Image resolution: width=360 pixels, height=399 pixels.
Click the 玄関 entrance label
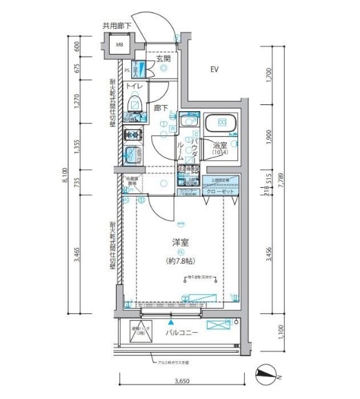(x=163, y=59)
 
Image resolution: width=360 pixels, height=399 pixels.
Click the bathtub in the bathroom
(x=222, y=124)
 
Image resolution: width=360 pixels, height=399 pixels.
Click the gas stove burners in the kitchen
(x=132, y=135)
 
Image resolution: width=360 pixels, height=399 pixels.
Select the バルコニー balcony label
(x=182, y=332)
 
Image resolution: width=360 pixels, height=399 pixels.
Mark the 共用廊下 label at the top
(x=116, y=26)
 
